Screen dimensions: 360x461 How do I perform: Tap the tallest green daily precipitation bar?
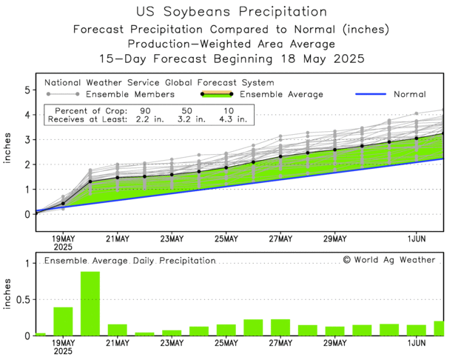coord(90,304)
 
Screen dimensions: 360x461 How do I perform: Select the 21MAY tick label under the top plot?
coord(117,239)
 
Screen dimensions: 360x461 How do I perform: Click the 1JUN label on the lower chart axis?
coord(416,343)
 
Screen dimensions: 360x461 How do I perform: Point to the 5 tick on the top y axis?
coord(27,90)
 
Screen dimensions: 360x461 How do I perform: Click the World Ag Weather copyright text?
coord(389,260)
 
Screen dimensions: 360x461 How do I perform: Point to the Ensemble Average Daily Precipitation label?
coord(129,261)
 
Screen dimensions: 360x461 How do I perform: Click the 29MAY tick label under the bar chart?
coord(334,343)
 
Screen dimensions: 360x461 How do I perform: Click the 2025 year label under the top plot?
coord(63,247)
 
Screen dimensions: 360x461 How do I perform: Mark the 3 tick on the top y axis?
coord(27,140)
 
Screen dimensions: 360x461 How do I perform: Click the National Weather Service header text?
coord(159,82)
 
